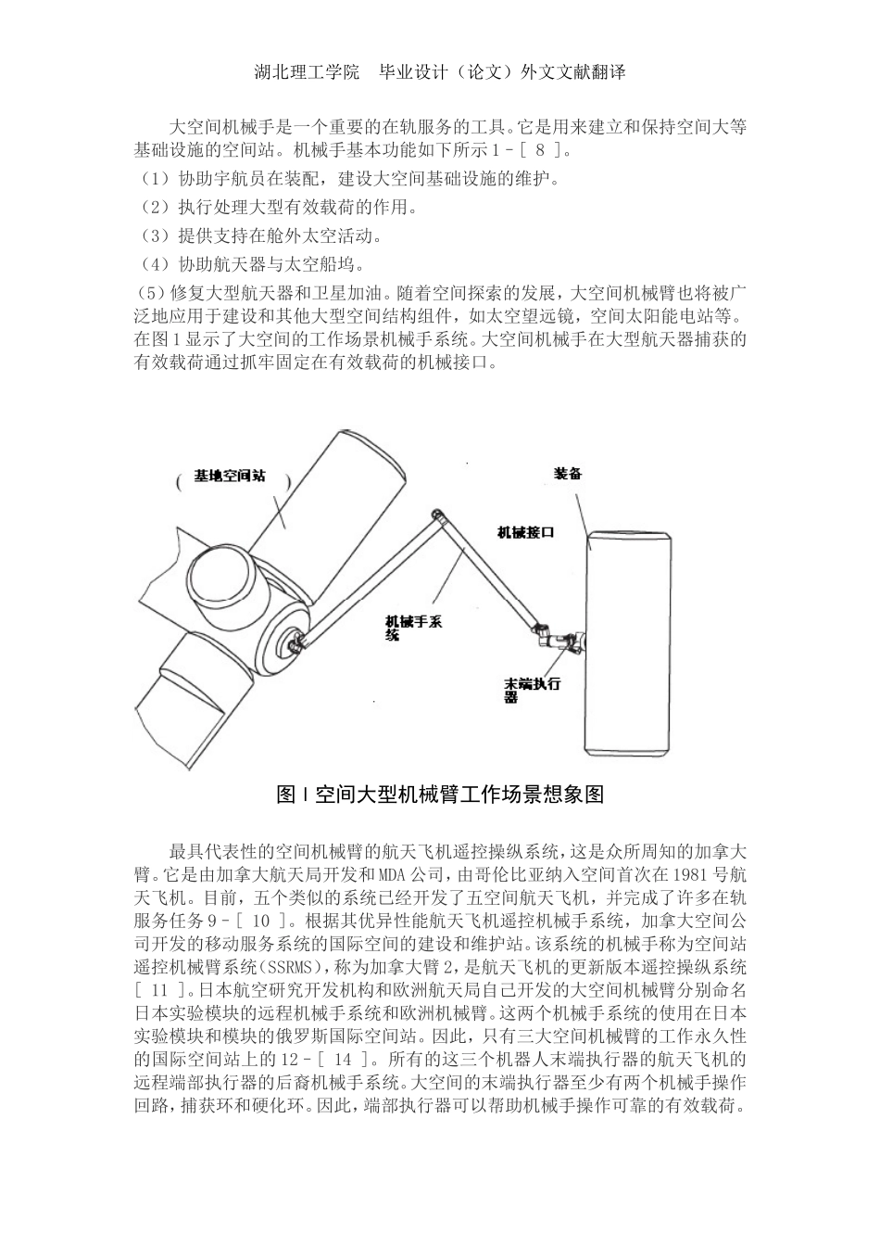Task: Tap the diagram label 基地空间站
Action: pyautogui.click(x=230, y=476)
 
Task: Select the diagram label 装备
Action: pyautogui.click(x=568, y=473)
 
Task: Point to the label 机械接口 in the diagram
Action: pyautogui.click(x=526, y=532)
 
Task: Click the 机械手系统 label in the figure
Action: pyautogui.click(x=413, y=628)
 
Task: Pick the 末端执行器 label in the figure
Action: pyautogui.click(x=533, y=690)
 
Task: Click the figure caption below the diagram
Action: pyautogui.click(x=440, y=795)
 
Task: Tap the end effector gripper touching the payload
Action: pyautogui.click(x=560, y=639)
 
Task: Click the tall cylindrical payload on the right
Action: pyautogui.click(x=624, y=642)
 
